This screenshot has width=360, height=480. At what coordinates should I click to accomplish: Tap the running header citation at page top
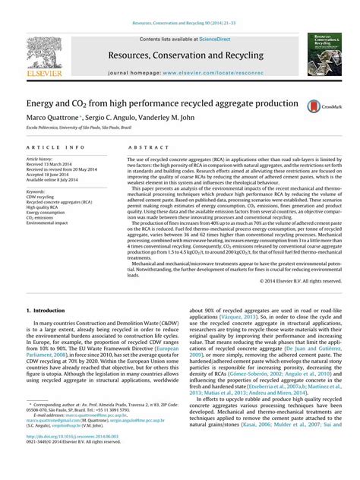tap(180, 7)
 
